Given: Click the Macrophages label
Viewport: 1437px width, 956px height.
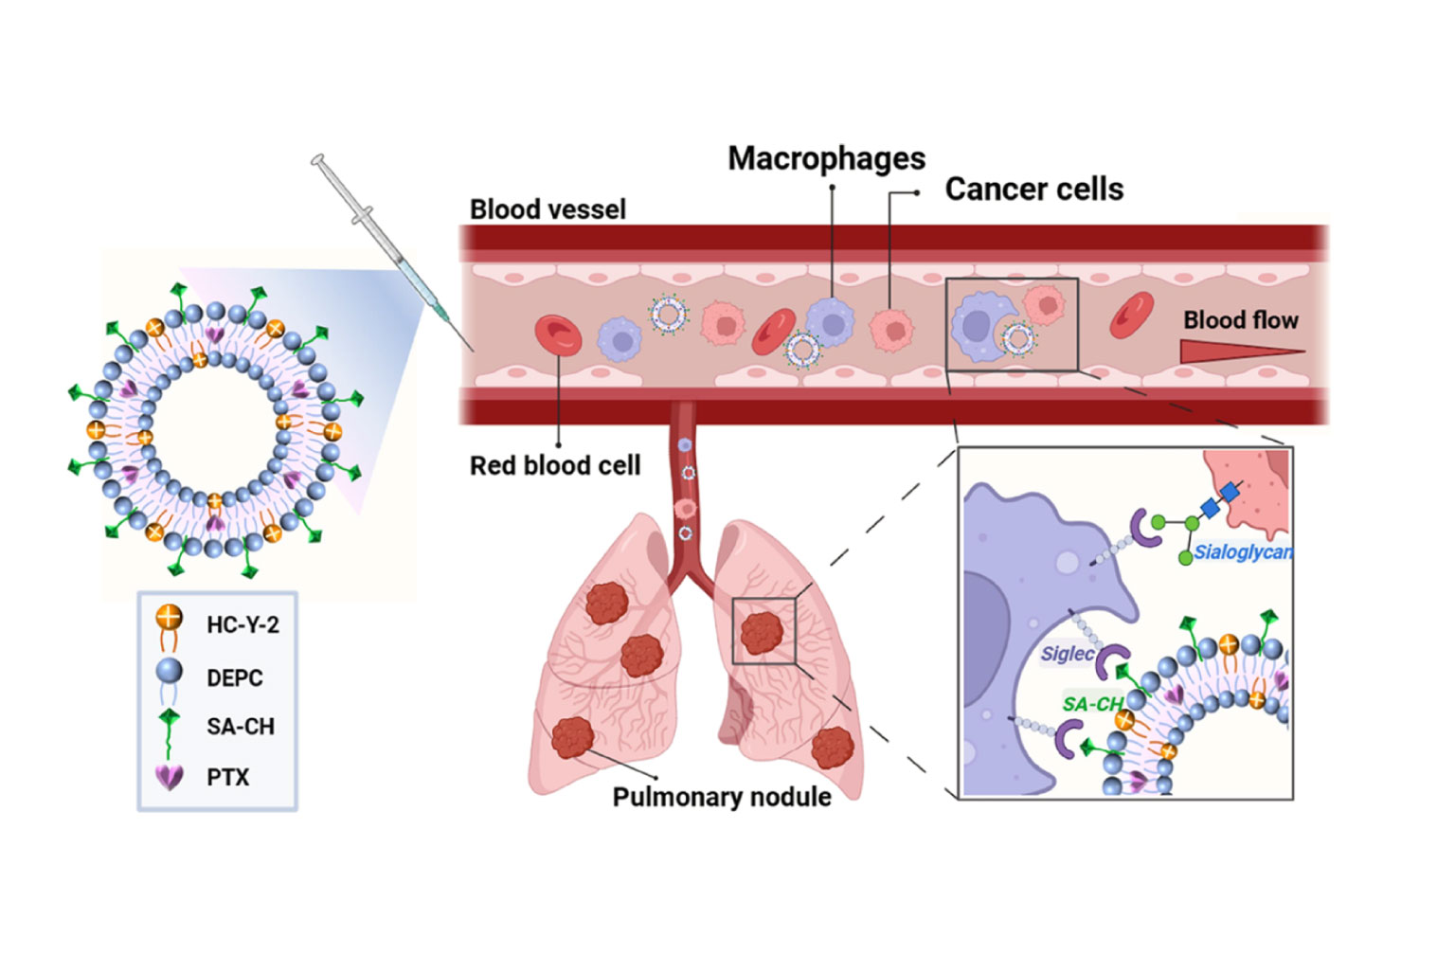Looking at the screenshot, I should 826,158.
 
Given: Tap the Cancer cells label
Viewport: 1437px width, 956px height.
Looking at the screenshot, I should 1033,189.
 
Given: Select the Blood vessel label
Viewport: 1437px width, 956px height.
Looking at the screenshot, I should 548,209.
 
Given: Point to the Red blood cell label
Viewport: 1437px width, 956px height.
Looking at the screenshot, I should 555,465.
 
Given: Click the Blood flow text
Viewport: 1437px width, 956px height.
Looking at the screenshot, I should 1240,320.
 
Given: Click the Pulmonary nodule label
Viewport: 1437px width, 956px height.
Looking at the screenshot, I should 722,797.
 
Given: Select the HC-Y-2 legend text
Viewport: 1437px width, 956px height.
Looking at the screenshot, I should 242,625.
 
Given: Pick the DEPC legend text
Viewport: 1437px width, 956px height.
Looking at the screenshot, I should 235,678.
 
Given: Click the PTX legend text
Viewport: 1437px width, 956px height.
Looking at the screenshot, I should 228,777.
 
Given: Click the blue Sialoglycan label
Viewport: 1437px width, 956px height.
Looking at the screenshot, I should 1243,552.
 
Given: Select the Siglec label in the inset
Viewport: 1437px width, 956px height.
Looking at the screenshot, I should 1068,654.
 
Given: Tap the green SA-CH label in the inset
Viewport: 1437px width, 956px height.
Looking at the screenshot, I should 1092,704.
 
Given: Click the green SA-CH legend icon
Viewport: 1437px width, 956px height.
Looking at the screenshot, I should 169,728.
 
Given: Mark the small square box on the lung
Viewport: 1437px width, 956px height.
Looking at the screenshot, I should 763,631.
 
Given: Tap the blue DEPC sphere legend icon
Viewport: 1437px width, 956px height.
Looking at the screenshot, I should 169,673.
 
